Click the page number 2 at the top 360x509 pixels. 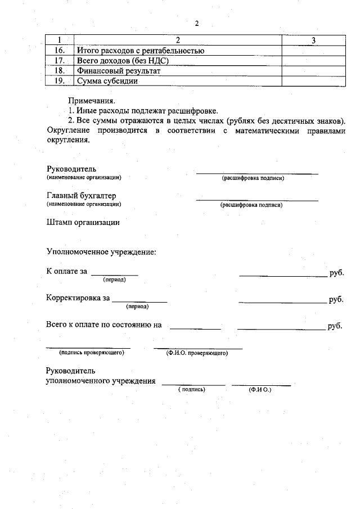pos(197,24)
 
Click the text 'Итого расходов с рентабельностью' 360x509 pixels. pos(140,51)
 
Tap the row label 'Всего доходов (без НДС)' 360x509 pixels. pos(123,61)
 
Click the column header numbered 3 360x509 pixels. pos(313,40)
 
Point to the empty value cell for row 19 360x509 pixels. pos(313,81)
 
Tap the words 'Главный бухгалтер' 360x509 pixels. pos(82,196)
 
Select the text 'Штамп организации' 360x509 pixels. pos(83,222)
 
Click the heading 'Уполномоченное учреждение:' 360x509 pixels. pos(101,251)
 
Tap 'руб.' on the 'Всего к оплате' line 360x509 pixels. pos(335,326)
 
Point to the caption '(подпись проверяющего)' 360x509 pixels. pos(91,353)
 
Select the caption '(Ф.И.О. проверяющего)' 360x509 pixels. pos(196,354)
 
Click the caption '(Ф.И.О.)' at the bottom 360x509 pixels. pos(260,389)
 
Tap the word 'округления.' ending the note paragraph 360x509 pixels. pos(68,141)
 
